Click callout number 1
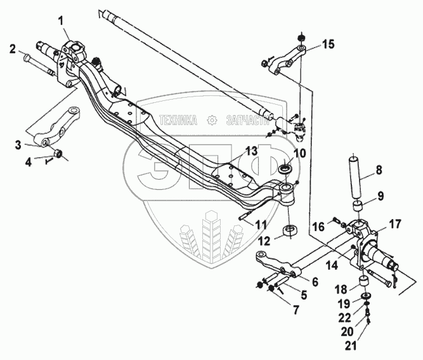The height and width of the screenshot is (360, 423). click(62, 20)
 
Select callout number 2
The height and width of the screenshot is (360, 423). click(11, 48)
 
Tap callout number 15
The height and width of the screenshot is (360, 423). click(327, 44)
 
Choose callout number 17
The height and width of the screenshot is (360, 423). click(395, 223)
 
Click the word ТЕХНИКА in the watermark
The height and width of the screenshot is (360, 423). click(179, 119)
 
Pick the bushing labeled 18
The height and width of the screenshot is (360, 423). click(365, 282)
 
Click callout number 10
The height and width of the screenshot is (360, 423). click(299, 154)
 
